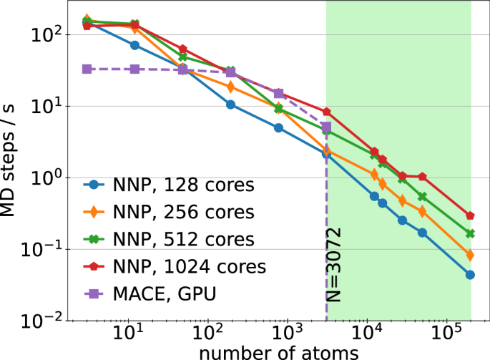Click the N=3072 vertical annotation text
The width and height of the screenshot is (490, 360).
click(330, 266)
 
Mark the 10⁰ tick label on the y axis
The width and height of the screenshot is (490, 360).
click(47, 177)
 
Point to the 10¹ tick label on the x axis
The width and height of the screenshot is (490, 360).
click(128, 336)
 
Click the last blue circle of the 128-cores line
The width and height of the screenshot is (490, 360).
click(470, 275)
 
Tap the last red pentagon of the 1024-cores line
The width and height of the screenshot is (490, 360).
click(470, 215)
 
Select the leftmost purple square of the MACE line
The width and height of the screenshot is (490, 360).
click(87, 69)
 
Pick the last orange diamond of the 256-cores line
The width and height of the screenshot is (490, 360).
click(470, 255)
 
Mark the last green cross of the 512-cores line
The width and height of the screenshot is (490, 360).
click(470, 234)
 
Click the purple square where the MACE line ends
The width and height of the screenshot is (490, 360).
click(326, 127)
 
